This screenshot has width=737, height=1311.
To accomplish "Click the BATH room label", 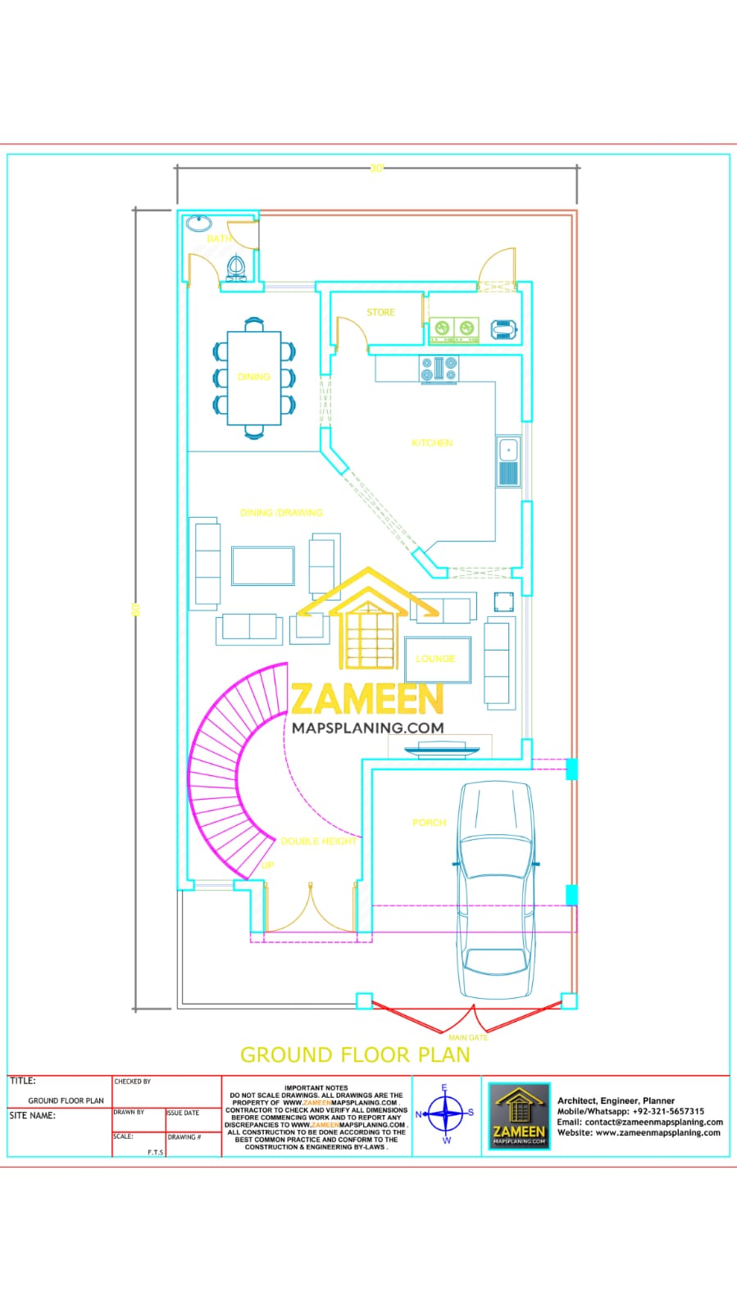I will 219,238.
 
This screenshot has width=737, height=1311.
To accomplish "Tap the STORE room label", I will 380,312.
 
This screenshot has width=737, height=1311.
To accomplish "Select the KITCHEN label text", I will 432,442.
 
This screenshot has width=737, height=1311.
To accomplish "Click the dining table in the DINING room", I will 254,377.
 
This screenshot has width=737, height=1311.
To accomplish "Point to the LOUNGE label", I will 435,659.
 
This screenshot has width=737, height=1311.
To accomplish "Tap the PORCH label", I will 429,822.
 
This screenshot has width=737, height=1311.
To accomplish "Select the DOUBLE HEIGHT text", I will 318,841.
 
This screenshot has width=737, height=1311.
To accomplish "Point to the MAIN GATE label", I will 468,1037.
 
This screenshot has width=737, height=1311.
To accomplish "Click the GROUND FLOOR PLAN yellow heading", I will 355,1055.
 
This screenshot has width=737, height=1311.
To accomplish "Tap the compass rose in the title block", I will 446,1114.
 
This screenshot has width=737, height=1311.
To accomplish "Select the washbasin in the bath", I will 198,223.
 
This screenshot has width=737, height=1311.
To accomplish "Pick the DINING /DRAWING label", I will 281,513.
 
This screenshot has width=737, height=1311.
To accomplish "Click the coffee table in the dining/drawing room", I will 263,565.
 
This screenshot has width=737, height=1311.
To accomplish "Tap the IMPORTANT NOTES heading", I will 316,1088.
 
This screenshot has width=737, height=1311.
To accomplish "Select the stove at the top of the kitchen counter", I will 439,369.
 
